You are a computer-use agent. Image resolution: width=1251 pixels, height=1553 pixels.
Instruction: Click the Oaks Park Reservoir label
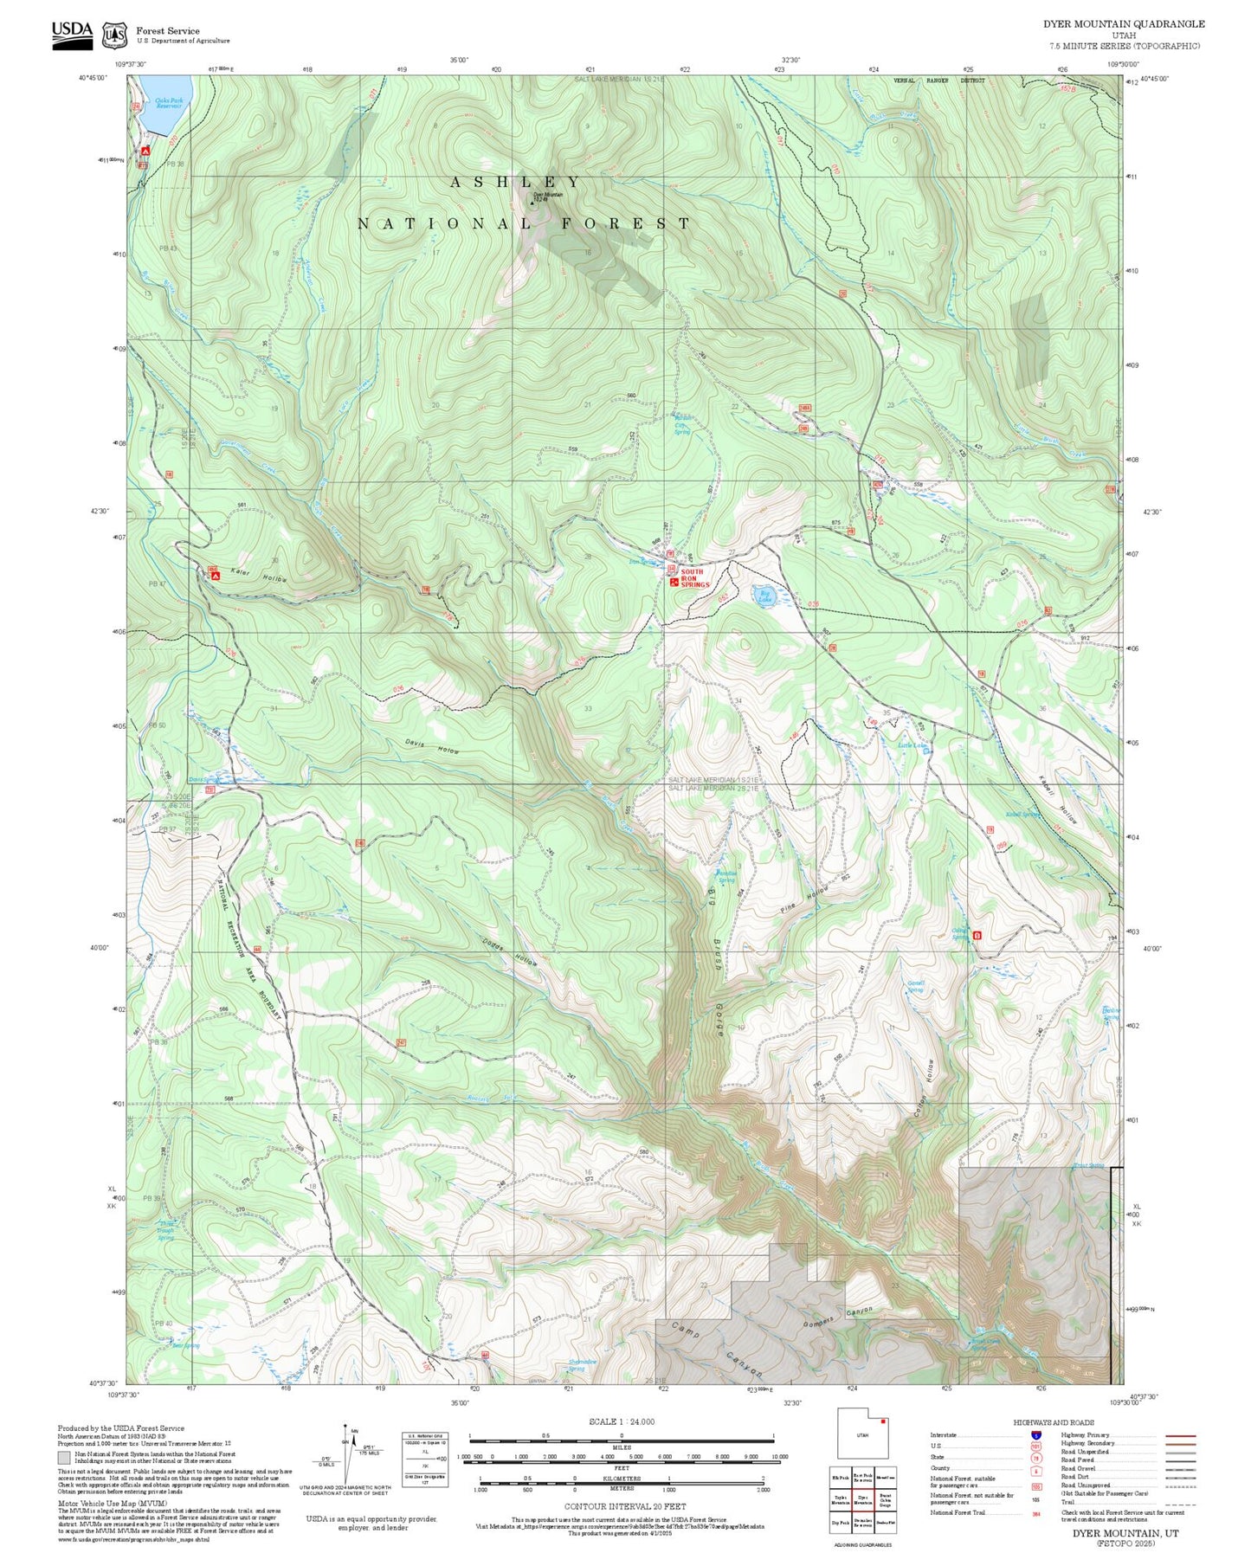coord(169,103)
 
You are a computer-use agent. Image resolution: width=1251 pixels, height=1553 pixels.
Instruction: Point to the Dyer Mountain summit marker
coord(532,202)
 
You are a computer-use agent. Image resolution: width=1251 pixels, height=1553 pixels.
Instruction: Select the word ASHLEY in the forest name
coord(515,182)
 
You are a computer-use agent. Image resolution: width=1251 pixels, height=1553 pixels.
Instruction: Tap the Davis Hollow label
coord(431,745)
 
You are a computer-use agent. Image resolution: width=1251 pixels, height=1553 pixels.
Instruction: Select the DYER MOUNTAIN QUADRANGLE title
coord(1123,24)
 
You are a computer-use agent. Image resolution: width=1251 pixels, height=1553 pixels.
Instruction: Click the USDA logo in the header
coord(72,34)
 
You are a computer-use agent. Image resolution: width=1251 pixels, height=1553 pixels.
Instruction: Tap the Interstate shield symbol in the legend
coord(1035,1434)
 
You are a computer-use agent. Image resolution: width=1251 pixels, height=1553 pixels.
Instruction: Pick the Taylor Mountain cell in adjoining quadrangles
coord(840,1498)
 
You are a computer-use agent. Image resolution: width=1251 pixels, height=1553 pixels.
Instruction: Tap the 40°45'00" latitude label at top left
coord(93,78)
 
